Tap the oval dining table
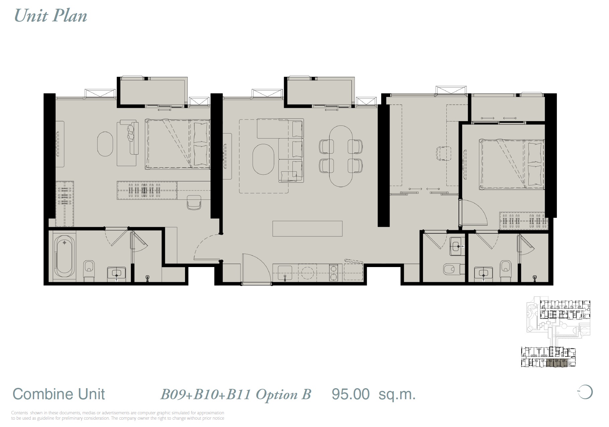pos(341,156)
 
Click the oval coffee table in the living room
pos(263,159)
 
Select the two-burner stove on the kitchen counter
pos(333,272)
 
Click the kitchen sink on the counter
pos(285,272)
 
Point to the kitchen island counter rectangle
pos(307,229)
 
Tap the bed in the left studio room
pos(177,144)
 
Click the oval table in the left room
pos(105,144)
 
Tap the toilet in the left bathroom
pos(89,269)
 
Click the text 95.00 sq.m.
pos(373,394)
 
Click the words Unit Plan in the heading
pos(51,16)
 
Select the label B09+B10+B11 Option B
pos(236,395)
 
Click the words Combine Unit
pos(59,394)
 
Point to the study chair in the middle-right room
pos(443,153)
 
